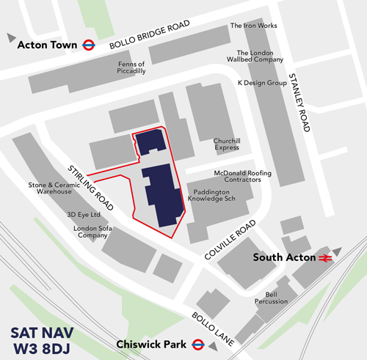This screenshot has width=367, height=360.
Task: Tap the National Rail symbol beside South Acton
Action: (x=325, y=257)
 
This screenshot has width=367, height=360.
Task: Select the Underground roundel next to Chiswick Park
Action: (x=197, y=344)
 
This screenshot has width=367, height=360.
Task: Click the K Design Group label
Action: (x=261, y=84)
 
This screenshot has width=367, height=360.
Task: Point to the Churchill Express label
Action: (x=222, y=144)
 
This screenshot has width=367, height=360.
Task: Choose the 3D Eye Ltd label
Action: (x=83, y=215)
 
